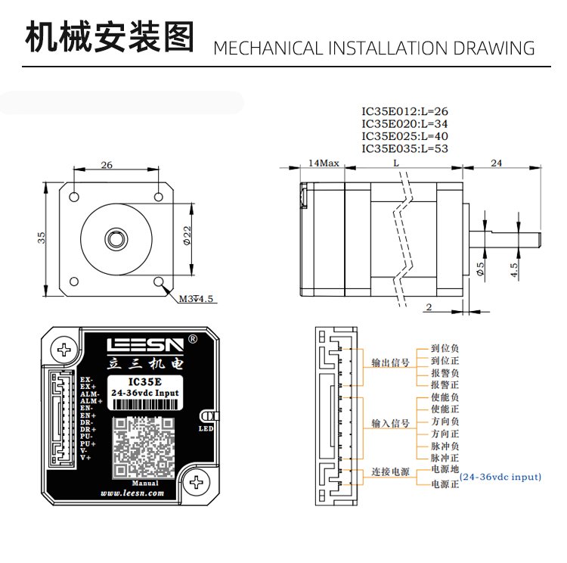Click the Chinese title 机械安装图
(x=110, y=38)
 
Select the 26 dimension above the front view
(x=107, y=164)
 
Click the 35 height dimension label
(x=43, y=236)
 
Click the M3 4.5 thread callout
(x=197, y=299)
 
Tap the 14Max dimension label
(x=324, y=163)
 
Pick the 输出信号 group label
(x=389, y=363)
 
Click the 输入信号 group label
(x=389, y=423)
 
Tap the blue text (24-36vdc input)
(x=501, y=477)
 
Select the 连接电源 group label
(x=389, y=471)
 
